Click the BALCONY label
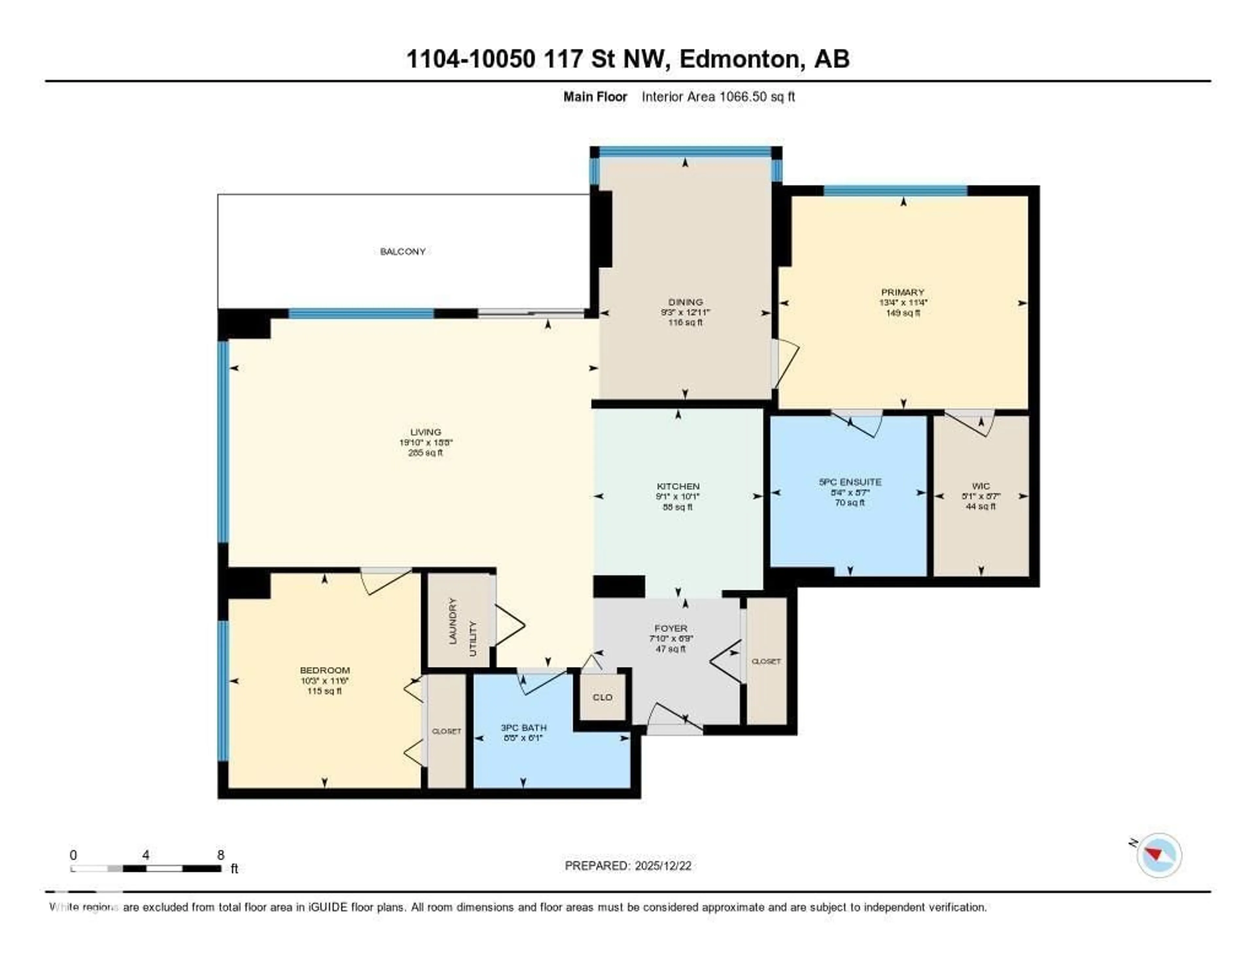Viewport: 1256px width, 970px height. point(403,251)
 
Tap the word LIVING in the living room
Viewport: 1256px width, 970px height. point(426,432)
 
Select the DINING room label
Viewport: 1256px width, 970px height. point(685,302)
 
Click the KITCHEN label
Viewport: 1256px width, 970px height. point(678,486)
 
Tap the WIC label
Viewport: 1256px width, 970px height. point(981,486)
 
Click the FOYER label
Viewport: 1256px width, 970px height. point(671,629)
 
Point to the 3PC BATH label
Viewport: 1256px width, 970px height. point(523,727)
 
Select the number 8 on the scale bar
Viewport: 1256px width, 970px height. point(221,855)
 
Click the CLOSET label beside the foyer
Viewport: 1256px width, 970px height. point(766,661)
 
